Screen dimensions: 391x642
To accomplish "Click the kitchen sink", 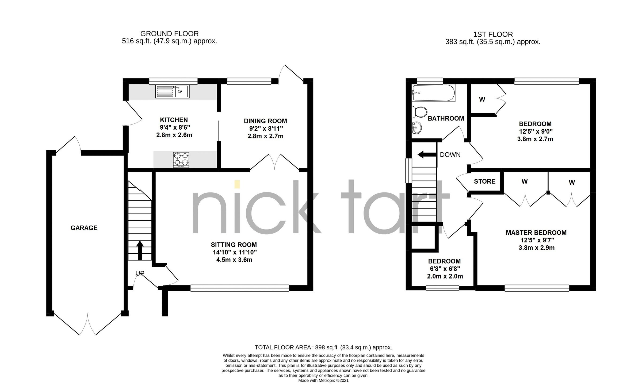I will click(x=172, y=91).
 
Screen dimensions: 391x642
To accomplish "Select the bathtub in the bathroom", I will click(x=433, y=93).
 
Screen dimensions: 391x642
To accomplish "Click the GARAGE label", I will click(x=84, y=228).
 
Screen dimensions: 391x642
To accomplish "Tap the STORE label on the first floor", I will click(x=484, y=181).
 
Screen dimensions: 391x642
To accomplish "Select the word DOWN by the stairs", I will click(x=450, y=155).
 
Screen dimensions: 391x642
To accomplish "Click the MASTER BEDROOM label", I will click(x=536, y=233).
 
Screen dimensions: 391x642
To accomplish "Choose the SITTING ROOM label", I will click(x=234, y=245).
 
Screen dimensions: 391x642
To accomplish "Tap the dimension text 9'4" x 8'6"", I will click(x=174, y=127).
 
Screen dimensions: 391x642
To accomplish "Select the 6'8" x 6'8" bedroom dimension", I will click(x=445, y=269).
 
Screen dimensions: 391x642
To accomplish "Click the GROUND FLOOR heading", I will click(x=169, y=34).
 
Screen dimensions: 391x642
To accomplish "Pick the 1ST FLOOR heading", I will click(x=493, y=34).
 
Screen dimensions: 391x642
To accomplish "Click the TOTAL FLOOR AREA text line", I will click(x=323, y=347).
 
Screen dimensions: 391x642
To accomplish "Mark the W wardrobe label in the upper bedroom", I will click(x=482, y=99).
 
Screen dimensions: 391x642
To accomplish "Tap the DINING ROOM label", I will click(x=265, y=121).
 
